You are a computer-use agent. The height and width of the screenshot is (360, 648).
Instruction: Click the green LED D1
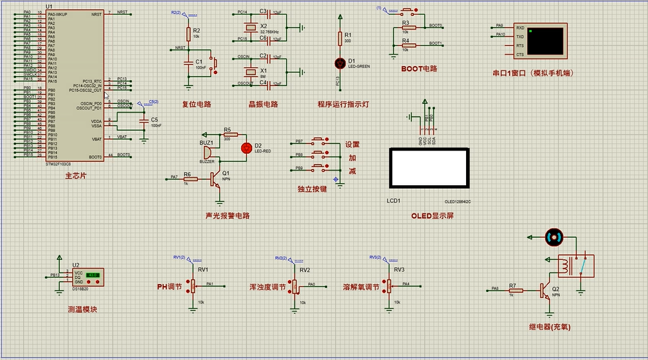340,62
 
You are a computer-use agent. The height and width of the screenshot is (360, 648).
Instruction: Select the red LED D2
245,147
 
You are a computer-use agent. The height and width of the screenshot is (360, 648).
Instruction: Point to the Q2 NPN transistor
546,291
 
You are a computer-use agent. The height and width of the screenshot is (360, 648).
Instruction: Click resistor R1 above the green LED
340,39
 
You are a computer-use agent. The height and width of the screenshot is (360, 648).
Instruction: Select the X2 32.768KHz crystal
250,28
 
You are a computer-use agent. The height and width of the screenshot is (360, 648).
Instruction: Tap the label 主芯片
75,175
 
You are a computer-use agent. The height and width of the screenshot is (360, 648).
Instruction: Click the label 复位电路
196,104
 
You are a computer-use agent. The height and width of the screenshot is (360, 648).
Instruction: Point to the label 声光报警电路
227,216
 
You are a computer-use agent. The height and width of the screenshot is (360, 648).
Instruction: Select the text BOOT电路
419,69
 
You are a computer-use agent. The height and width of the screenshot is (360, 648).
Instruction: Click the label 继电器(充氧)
550,327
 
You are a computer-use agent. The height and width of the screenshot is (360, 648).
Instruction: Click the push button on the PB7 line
319,140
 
